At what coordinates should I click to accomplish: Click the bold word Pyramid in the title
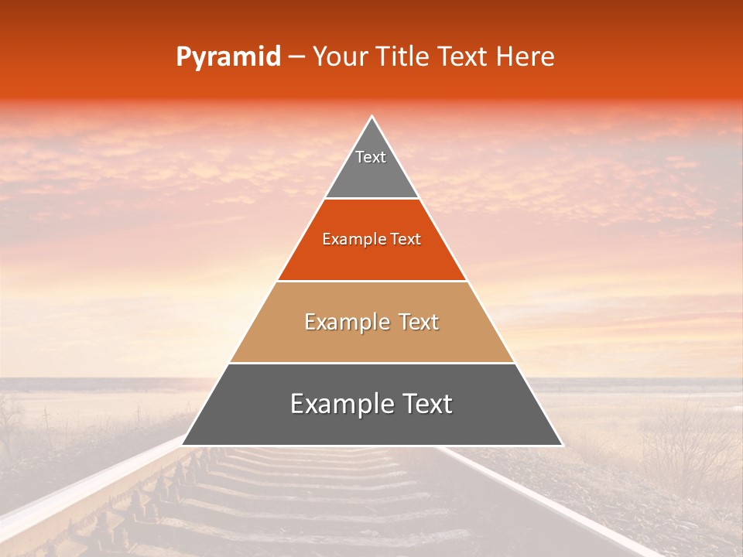coord(228,57)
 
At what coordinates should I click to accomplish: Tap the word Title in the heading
coord(402,57)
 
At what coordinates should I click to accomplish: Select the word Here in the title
coord(526,57)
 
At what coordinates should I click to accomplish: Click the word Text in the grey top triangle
coord(371,157)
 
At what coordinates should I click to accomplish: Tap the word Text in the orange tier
coord(406,240)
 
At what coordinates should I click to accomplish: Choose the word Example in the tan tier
coord(344,322)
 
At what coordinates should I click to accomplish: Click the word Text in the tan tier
coord(419,322)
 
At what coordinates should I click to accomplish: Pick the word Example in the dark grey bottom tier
coord(337,404)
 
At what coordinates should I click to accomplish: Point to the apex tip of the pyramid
coord(372,118)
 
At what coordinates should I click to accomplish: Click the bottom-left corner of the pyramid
coord(183,445)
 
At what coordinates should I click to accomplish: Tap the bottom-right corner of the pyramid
coord(561,445)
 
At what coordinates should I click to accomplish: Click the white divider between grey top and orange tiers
coord(372,199)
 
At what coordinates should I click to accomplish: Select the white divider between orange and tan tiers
coord(372,281)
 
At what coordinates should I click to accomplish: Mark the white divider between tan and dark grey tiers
coord(372,363)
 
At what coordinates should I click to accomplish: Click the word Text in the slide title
coord(465,57)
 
